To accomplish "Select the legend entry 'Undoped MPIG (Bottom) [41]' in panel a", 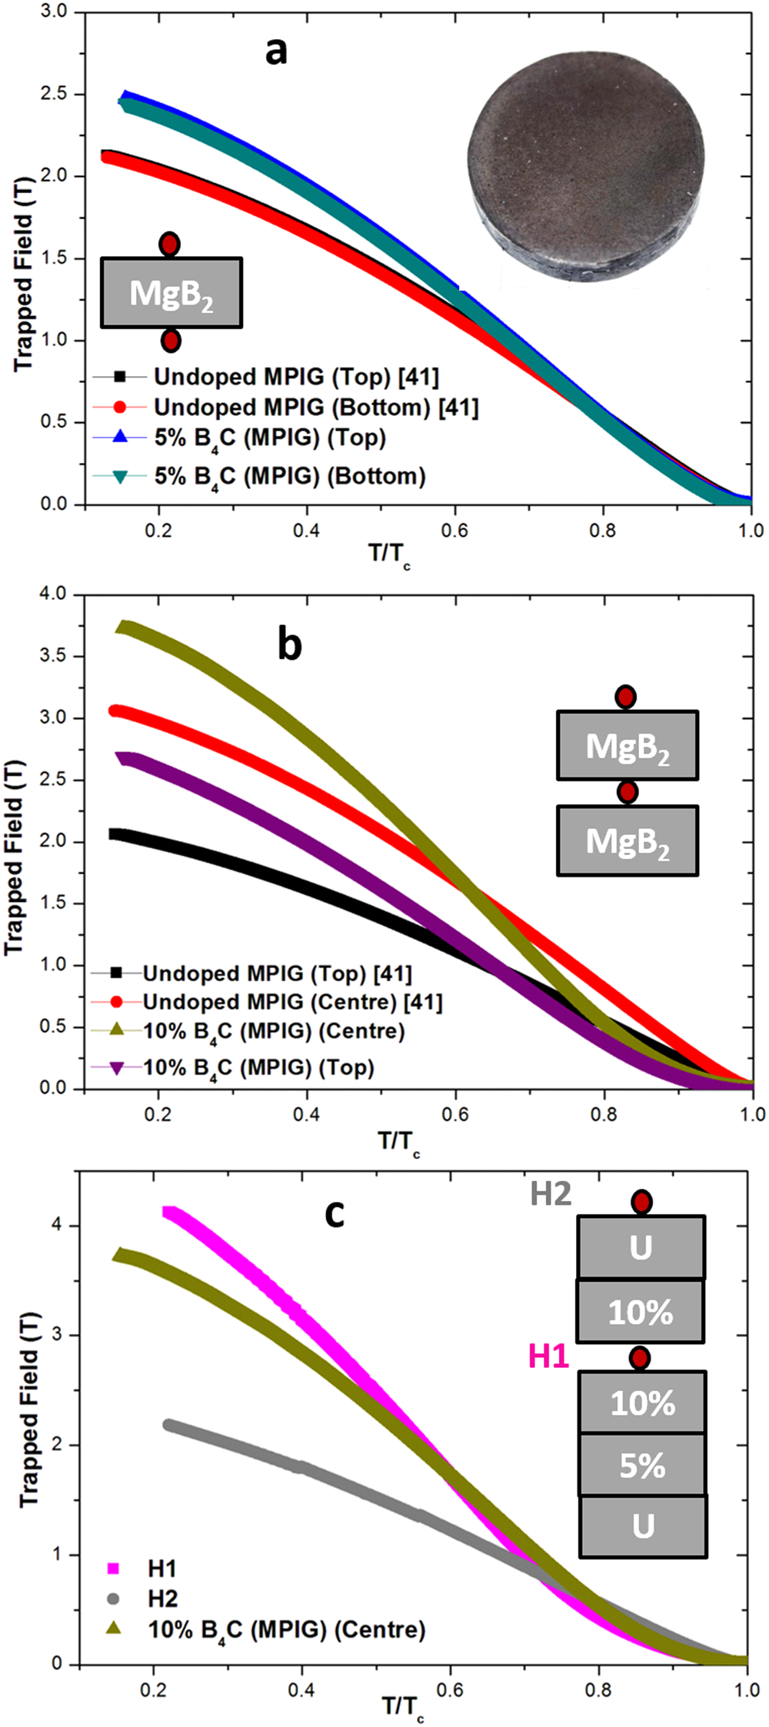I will pyautogui.click(x=315, y=408).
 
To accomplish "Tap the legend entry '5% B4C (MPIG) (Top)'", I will pyautogui.click(x=270, y=438).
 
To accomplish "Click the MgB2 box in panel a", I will pyautogui.click(x=171, y=293).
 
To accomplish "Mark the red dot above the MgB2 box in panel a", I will pyautogui.click(x=170, y=245).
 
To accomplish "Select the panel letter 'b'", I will pyautogui.click(x=289, y=644).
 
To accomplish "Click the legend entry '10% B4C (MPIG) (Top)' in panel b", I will pyautogui.click(x=258, y=1068).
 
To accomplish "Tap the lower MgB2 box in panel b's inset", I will pyautogui.click(x=628, y=841).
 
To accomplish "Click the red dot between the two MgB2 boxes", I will pyautogui.click(x=628, y=792).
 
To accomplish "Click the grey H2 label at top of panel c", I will pyautogui.click(x=551, y=1194).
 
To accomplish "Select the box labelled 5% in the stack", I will pyautogui.click(x=642, y=1465).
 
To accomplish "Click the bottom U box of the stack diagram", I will pyautogui.click(x=643, y=1526).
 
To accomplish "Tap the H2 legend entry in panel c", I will pyautogui.click(x=162, y=1599).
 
